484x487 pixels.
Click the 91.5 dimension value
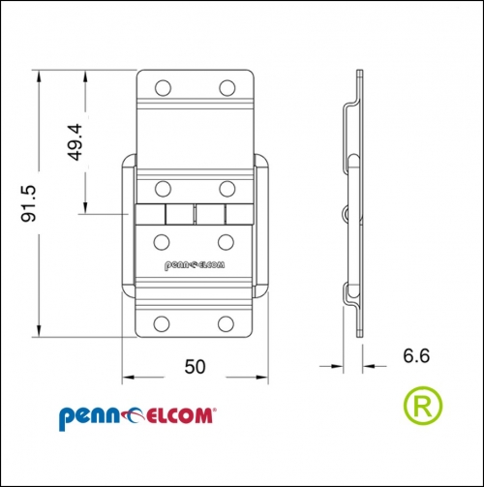click(28, 203)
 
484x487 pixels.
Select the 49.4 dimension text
click(75, 142)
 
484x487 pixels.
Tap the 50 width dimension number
click(195, 367)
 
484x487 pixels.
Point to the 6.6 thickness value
click(416, 355)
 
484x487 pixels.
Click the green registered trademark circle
click(423, 406)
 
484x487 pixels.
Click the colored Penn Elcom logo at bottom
click(137, 417)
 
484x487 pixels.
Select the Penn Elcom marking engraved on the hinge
click(195, 265)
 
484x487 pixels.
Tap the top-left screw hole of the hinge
click(163, 88)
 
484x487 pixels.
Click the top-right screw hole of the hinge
click(227, 88)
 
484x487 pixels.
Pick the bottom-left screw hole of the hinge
click(162, 323)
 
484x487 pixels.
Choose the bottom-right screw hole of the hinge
click(226, 323)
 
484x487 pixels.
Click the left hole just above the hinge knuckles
click(163, 189)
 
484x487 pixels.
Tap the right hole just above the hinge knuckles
click(227, 189)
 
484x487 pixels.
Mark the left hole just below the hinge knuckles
click(162, 242)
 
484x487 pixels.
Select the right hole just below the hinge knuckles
click(226, 242)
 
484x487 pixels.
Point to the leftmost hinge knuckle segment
click(150, 214)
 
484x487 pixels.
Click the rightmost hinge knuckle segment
click(239, 214)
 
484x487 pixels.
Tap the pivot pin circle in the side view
click(346, 214)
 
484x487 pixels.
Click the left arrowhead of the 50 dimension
click(129, 377)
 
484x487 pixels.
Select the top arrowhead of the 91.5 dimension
click(39, 76)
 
